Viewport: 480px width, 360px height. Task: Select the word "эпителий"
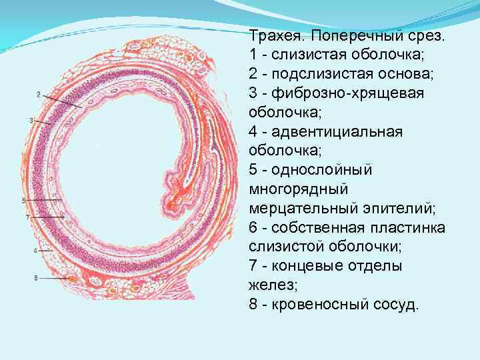[x=400, y=209]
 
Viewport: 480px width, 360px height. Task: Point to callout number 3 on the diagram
[x=31, y=120]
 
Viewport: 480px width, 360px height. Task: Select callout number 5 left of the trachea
[x=23, y=200]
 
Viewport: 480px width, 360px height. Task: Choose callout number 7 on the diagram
[x=27, y=217]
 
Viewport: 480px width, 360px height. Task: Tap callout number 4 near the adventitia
[x=34, y=250]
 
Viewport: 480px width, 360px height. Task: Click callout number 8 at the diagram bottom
[x=35, y=277]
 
